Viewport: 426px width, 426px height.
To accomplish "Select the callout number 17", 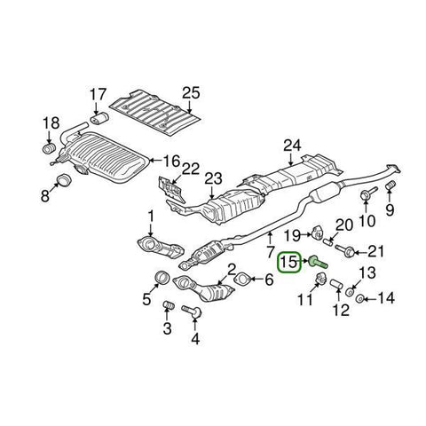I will [x=98, y=93].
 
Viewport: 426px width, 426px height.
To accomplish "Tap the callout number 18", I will [x=51, y=122].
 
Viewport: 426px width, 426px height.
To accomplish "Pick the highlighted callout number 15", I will [x=288, y=263].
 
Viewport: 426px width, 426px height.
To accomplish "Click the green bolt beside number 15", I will [x=317, y=261].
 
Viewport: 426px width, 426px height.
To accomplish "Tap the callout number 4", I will [x=195, y=337].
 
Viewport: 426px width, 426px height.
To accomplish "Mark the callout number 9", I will [x=388, y=211].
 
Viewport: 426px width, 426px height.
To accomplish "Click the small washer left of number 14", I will [x=360, y=299].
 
